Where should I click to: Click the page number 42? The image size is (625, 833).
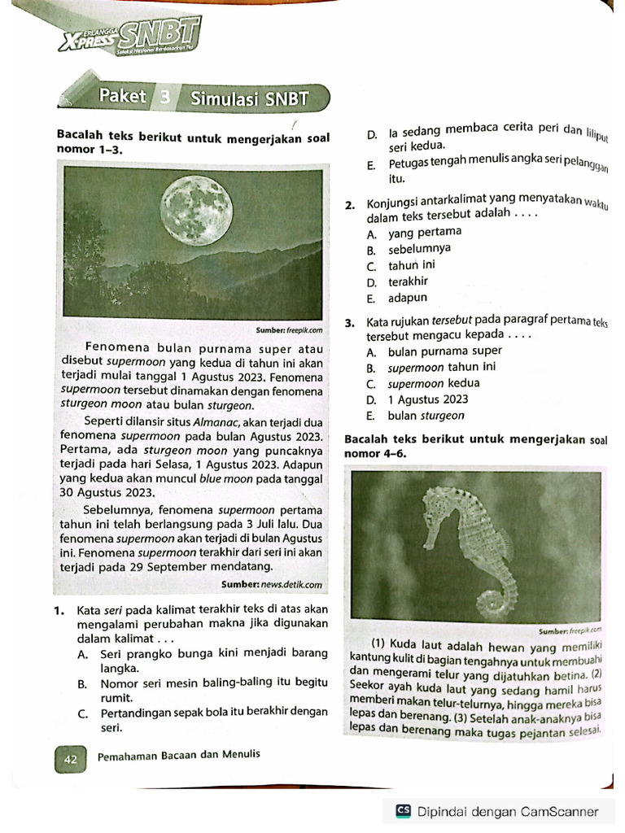70,759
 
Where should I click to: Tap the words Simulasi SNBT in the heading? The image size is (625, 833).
249,99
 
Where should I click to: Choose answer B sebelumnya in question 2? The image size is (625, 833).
418,249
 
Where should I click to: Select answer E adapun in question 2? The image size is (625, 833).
407,298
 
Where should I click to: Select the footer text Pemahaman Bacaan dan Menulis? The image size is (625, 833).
178,754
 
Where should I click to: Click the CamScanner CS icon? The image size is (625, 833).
403,811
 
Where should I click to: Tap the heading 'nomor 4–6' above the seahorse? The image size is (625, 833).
375,453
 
